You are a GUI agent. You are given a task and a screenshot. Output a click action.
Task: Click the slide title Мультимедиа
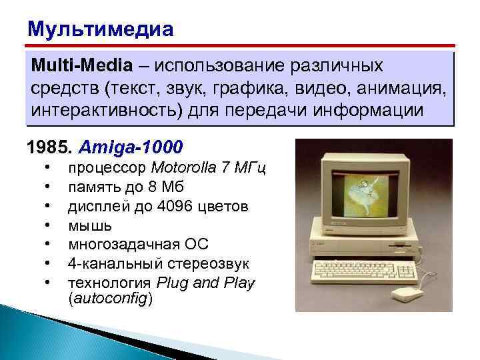100,30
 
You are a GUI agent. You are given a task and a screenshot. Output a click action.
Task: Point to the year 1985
45,146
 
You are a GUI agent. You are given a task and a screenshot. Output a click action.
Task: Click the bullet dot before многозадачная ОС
48,245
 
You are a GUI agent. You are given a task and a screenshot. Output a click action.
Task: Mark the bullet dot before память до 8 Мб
48,187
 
